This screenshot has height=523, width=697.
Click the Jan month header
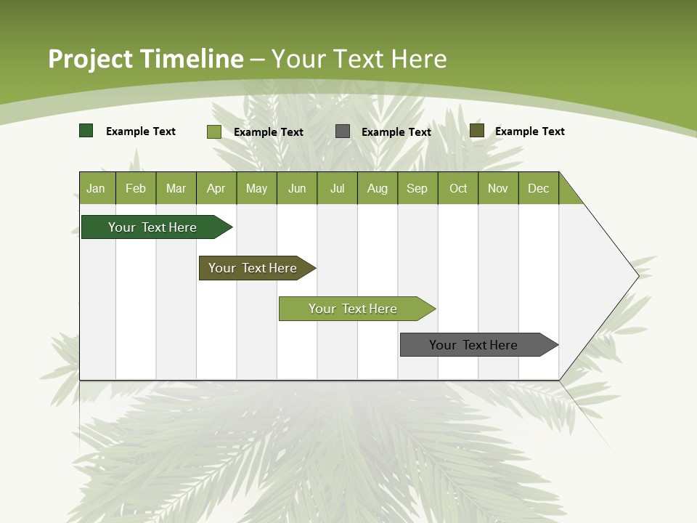pyautogui.click(x=97, y=188)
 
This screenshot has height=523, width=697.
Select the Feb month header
pyautogui.click(x=136, y=188)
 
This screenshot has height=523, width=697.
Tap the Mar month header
pyautogui.click(x=176, y=188)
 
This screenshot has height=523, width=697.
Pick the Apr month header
pyautogui.click(x=216, y=188)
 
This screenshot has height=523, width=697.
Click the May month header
pyautogui.click(x=256, y=188)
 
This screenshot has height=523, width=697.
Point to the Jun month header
pyautogui.click(x=297, y=188)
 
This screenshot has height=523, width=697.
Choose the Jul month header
pyautogui.click(x=337, y=188)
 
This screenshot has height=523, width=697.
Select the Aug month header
pyautogui.click(x=378, y=188)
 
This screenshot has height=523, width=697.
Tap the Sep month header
pyautogui.click(x=417, y=188)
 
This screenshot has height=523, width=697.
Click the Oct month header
pyautogui.click(x=458, y=188)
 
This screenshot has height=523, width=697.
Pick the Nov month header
pyautogui.click(x=498, y=188)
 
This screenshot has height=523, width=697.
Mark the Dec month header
pyautogui.click(x=539, y=188)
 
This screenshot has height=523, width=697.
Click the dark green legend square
pyautogui.click(x=86, y=131)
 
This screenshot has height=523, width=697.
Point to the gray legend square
pyautogui.click(x=343, y=131)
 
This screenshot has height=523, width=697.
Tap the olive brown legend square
pyautogui.click(x=477, y=131)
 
